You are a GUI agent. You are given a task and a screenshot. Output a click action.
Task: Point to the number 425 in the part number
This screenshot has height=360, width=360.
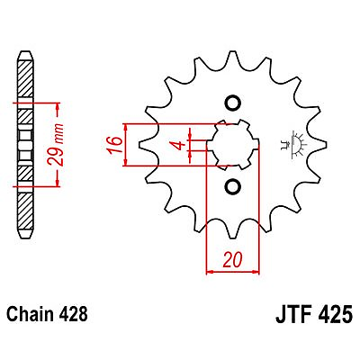point(334,316)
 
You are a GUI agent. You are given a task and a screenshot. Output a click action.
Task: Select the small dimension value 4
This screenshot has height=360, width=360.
point(179,145)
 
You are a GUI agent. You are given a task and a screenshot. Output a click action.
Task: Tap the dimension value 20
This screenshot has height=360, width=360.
point(231,259)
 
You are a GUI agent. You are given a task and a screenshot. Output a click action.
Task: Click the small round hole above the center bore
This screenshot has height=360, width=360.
point(231,102)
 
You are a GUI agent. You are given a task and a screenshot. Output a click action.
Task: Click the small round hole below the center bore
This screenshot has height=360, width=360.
point(231,186)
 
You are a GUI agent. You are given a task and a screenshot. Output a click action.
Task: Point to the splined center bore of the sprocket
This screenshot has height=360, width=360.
point(231,144)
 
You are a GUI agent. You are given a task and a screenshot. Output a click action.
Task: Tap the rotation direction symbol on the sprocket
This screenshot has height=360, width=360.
point(292,144)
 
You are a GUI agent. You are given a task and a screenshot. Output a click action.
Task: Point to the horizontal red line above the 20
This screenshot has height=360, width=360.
point(231,267)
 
